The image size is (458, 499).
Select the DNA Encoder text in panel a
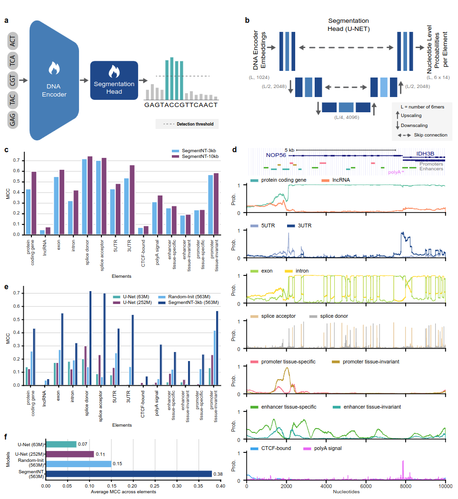[x=54, y=90]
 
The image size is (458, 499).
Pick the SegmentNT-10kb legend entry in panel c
[x=200, y=156]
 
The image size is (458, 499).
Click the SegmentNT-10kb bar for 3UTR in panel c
[x=132, y=200]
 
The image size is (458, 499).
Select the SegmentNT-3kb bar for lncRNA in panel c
[x=42, y=232]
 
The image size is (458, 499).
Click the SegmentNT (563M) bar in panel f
[x=129, y=473]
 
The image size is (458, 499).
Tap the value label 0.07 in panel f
[x=82, y=444]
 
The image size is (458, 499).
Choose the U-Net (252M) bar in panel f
[x=70, y=454]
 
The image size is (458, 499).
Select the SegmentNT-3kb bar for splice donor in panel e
[x=90, y=338]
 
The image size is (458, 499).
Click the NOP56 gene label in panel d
[x=277, y=155]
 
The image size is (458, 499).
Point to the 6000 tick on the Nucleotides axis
[x=366, y=486]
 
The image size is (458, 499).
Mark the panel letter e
[x=6, y=287]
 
